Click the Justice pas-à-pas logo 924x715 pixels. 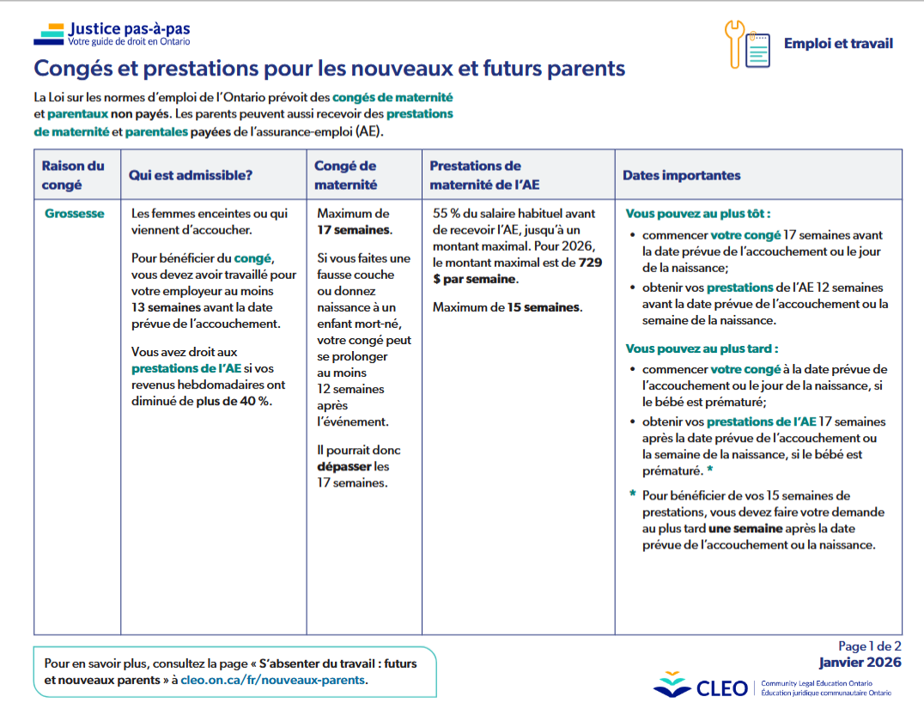112,33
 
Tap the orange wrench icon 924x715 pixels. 735,43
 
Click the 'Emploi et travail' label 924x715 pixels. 837,44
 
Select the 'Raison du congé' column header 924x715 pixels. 73,174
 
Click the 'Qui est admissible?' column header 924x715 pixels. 190,175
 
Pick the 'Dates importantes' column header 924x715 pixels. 681,175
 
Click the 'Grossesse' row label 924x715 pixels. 75,214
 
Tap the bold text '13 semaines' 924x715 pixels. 166,307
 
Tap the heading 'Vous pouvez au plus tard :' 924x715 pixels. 702,348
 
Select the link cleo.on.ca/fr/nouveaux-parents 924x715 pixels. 273,679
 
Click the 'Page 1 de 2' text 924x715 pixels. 869,646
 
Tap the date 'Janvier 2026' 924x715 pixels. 860,663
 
